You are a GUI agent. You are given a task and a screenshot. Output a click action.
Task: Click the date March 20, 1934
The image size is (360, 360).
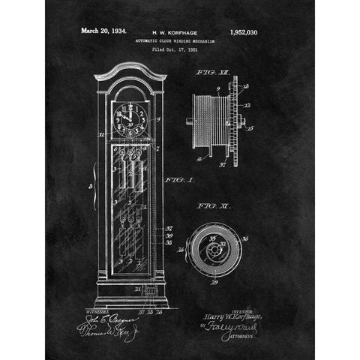pyautogui.click(x=103, y=31)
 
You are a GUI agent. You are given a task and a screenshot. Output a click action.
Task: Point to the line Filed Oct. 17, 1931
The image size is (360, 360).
pyautogui.click(x=174, y=50)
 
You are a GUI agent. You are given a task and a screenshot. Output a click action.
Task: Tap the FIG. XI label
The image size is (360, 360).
pyautogui.click(x=209, y=205)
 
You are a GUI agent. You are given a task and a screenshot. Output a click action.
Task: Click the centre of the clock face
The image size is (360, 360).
pyautogui.click(x=127, y=118)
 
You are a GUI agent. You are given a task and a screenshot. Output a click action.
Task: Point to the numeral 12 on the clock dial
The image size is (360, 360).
pyautogui.click(x=127, y=106)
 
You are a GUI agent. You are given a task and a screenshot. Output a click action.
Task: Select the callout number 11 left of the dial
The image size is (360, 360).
pyautogui.click(x=101, y=135)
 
